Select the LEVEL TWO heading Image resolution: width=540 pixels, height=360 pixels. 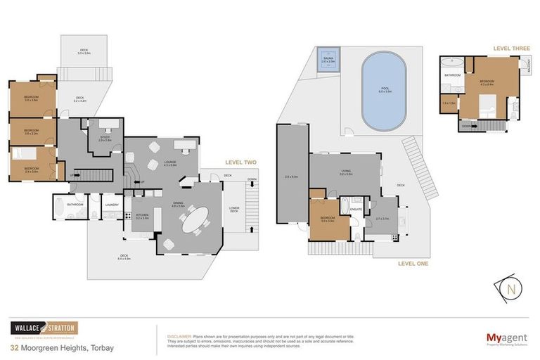coord(240,162)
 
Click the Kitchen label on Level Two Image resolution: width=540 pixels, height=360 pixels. coord(141,217)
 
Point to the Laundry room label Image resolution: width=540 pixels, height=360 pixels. coord(111,205)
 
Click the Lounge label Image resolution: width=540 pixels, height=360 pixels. coord(169,162)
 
